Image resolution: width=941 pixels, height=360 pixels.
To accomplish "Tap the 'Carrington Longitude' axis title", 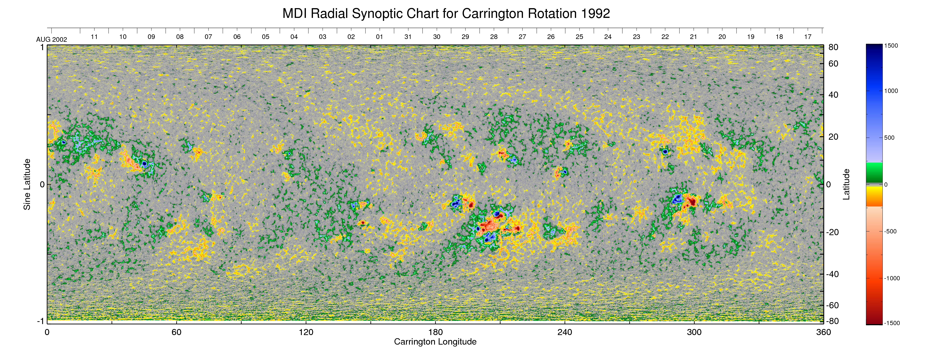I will (435, 342).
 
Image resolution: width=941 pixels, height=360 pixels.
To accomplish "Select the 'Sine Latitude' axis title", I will (27, 184).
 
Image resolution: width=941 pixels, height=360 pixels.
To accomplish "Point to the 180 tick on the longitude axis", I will (435, 332).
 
